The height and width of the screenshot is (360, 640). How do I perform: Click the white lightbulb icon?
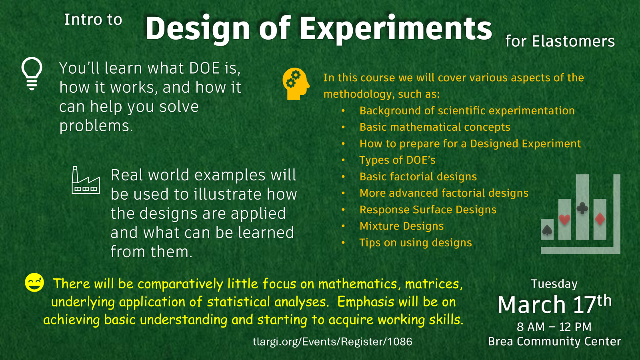click(x=32, y=74)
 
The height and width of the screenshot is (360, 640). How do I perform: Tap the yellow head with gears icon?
click(x=296, y=84)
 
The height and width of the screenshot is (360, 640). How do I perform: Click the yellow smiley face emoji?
click(x=34, y=282)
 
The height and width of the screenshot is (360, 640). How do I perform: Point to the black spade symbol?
click(x=547, y=230)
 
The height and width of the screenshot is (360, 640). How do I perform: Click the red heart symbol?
click(x=564, y=220)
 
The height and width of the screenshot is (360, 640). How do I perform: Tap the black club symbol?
click(x=582, y=208)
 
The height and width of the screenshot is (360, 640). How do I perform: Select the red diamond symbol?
click(x=600, y=219)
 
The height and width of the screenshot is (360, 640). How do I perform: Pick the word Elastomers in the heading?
click(x=573, y=41)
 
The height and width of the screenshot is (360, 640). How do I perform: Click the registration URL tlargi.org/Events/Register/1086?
click(x=332, y=342)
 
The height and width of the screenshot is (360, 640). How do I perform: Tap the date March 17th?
click(x=554, y=304)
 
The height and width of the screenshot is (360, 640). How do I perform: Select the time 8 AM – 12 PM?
click(x=554, y=327)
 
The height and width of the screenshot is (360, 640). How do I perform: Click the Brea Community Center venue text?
click(x=554, y=342)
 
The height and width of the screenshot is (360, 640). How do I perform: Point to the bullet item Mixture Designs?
click(x=402, y=226)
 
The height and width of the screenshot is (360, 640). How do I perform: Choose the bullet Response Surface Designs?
click(x=428, y=210)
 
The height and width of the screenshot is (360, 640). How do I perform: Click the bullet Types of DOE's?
click(x=398, y=160)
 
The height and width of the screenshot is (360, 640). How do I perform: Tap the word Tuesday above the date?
click(x=554, y=284)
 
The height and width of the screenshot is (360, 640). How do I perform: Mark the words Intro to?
click(x=93, y=20)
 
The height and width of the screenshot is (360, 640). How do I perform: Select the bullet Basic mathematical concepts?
click(x=435, y=127)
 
